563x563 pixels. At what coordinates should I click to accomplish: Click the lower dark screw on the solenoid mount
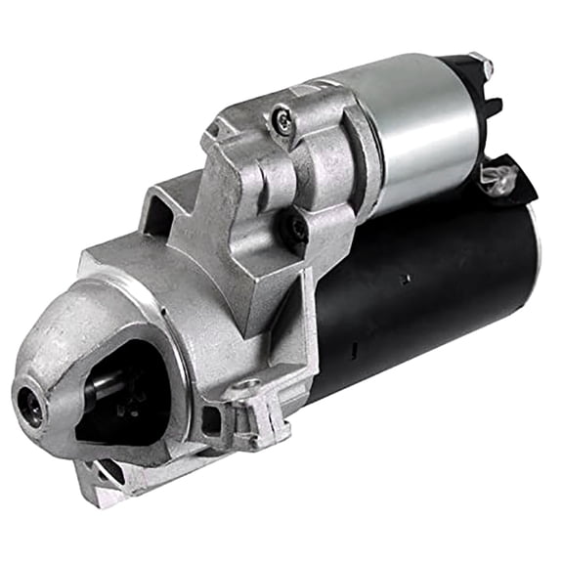(293, 226)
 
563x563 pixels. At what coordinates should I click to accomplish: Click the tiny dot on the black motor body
(408, 281)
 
